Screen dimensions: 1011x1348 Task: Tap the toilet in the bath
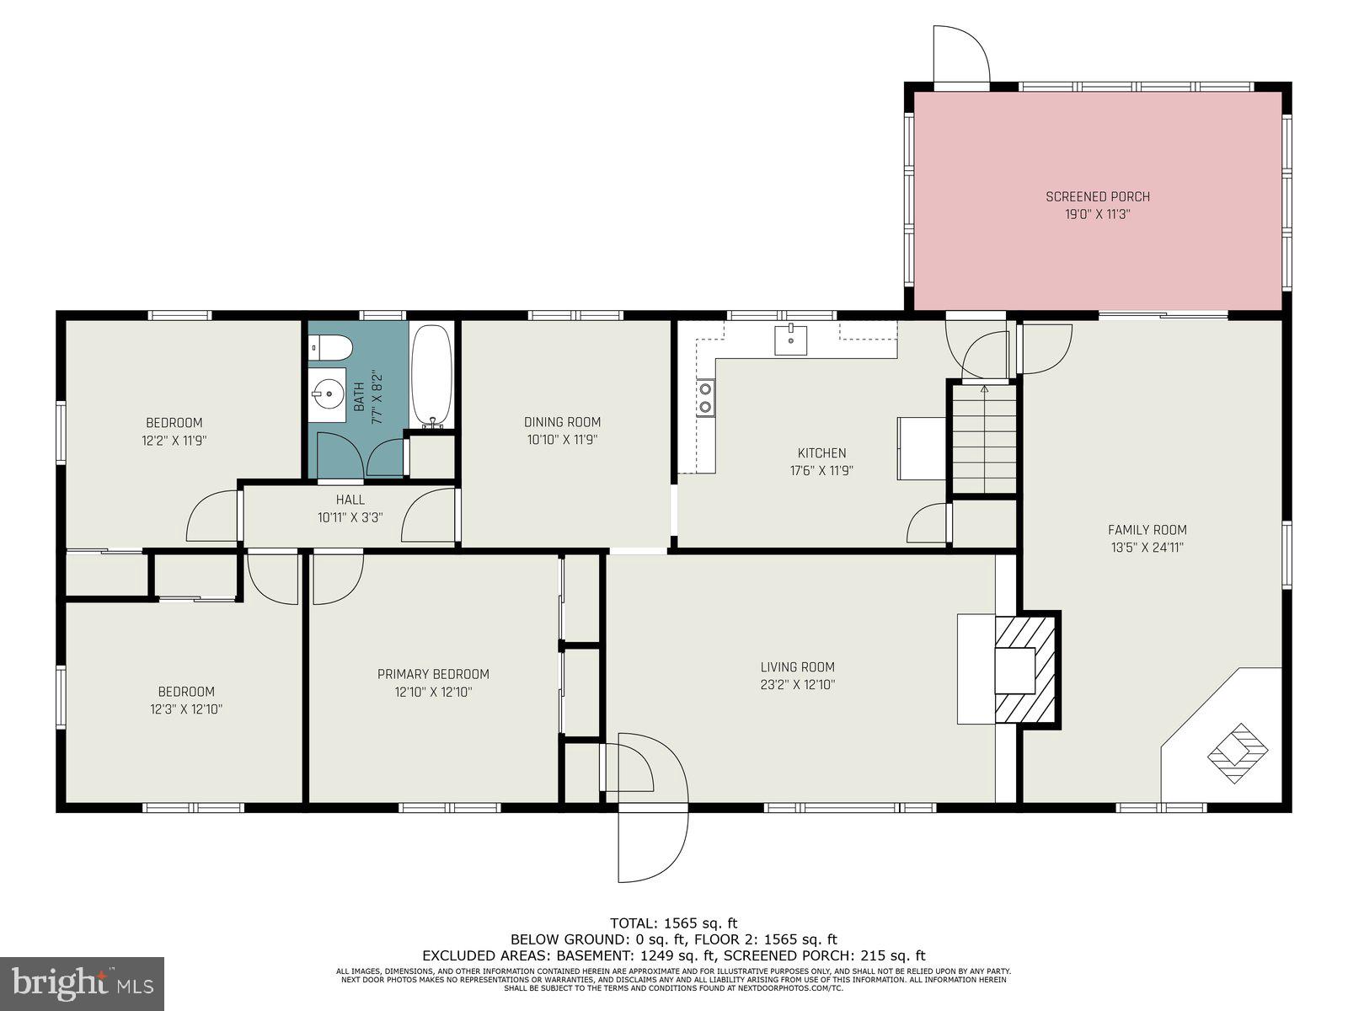(x=329, y=345)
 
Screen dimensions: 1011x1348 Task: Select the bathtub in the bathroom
(x=432, y=376)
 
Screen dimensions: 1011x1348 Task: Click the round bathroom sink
(x=326, y=393)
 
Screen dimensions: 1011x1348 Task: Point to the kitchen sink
(x=790, y=340)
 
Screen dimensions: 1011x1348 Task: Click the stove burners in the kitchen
(x=705, y=398)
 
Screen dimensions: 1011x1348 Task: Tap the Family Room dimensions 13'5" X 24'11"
(x=1147, y=547)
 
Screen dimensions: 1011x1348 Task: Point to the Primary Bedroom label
(x=433, y=674)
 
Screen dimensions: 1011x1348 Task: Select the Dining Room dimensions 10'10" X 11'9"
(x=562, y=439)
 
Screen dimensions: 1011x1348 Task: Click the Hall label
(x=350, y=500)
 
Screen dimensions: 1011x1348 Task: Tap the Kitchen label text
(x=821, y=453)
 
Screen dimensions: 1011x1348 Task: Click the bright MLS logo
(x=83, y=983)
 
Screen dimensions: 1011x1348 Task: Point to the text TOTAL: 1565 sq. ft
(x=673, y=923)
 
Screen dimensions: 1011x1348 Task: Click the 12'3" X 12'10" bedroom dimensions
(x=185, y=709)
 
